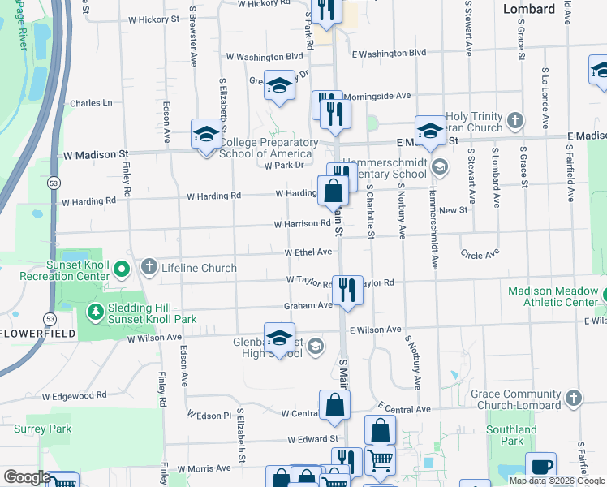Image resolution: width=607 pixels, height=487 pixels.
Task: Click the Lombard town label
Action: (x=528, y=9)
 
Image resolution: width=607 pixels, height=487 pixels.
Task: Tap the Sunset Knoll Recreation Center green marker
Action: (x=121, y=268)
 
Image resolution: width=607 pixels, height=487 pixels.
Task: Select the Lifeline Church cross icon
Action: (x=149, y=267)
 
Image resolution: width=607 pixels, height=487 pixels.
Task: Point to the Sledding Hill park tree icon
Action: (x=96, y=312)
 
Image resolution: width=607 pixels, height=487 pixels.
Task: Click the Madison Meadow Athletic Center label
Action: (x=553, y=296)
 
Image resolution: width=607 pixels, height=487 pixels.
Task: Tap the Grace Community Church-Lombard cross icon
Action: (x=574, y=398)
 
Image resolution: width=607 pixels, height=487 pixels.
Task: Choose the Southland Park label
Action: (x=511, y=435)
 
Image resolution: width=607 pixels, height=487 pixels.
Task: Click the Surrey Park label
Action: (x=49, y=429)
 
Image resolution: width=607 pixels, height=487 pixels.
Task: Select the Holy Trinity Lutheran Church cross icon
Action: (x=514, y=121)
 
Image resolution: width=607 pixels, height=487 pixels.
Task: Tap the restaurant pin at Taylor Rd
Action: (x=348, y=290)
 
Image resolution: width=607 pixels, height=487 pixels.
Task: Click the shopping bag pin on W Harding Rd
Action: (x=333, y=192)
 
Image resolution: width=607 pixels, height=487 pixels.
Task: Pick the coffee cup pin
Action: (x=540, y=468)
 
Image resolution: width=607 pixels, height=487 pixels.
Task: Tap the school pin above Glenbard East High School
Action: (x=279, y=338)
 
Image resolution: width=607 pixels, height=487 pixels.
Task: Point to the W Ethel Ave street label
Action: (x=308, y=252)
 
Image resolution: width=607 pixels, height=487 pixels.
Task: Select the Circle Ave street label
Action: (x=479, y=255)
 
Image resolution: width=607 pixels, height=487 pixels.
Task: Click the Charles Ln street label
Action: (x=91, y=103)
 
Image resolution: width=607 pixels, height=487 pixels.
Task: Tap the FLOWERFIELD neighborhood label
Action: (x=38, y=334)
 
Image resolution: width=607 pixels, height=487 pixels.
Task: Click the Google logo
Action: (x=26, y=477)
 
